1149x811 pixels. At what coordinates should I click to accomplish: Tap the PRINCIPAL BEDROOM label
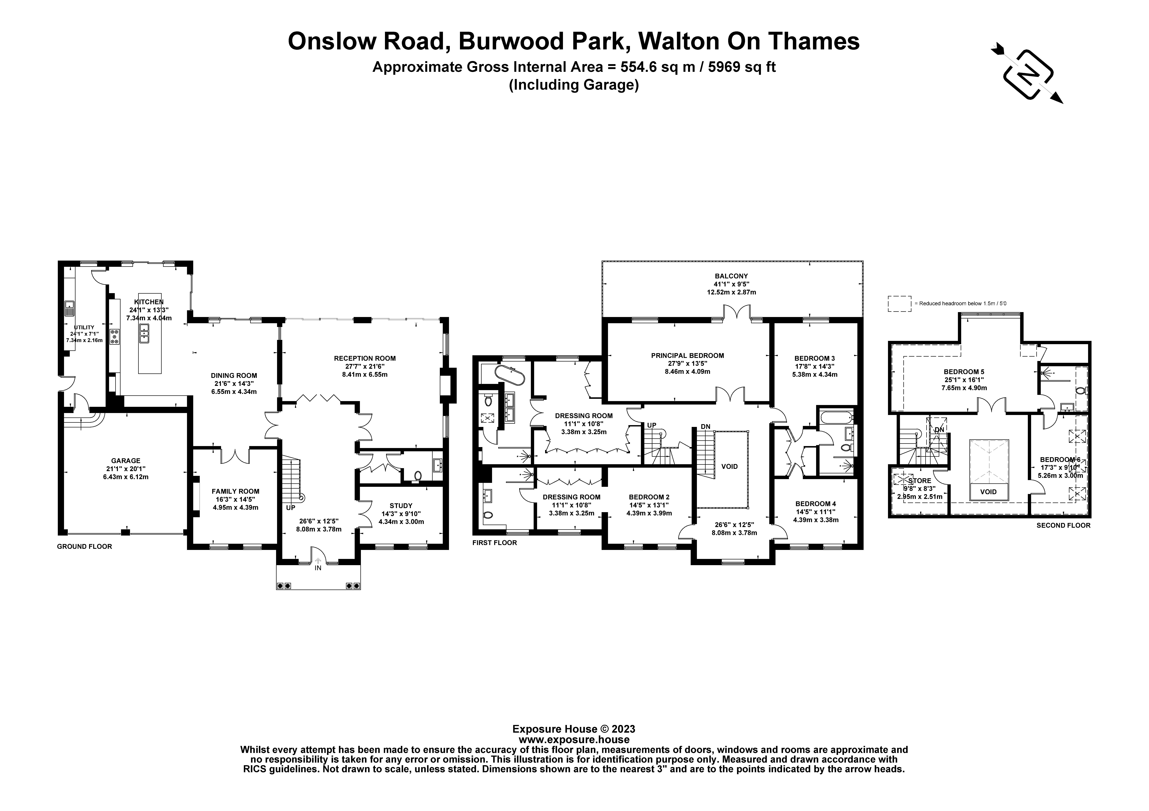[687, 355]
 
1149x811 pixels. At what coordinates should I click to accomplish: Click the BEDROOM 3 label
[814, 358]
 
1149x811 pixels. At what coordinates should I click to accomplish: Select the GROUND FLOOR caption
[84, 547]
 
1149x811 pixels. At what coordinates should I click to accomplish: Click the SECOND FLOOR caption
[1063, 526]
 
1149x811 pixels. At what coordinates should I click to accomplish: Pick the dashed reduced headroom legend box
[899, 303]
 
